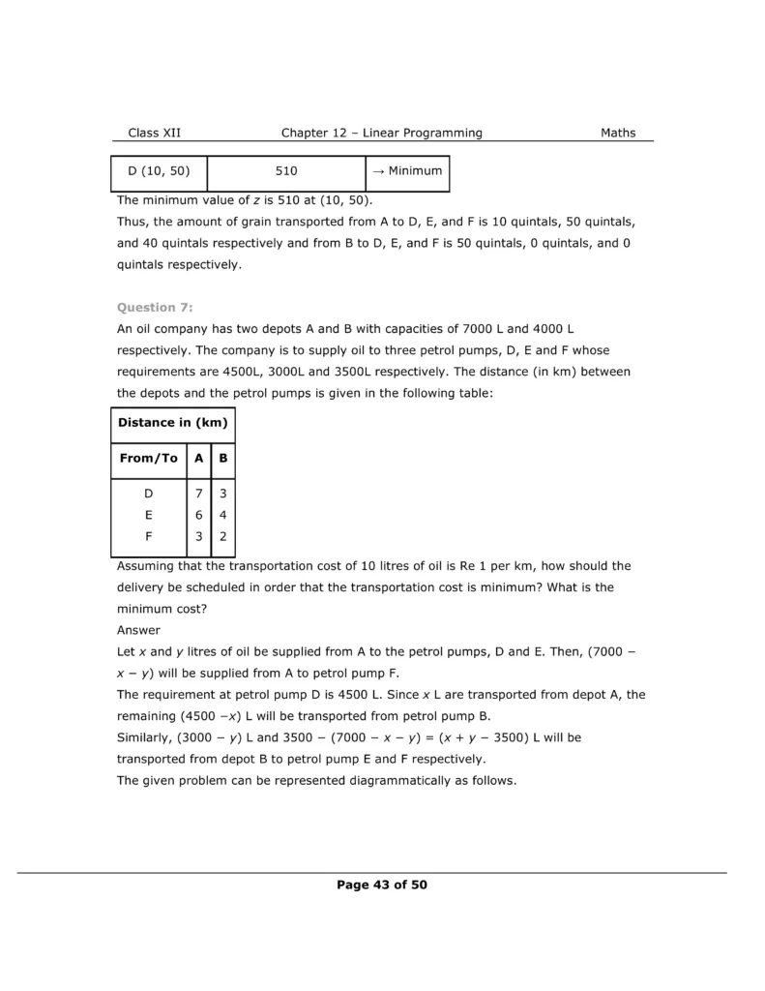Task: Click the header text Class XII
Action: [154, 133]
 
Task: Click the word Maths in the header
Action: [618, 133]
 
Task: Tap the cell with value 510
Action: [286, 171]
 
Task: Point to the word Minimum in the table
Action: [415, 171]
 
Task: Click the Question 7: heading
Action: [155, 307]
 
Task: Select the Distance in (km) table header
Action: [172, 423]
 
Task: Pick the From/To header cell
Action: [149, 459]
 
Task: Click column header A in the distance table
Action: [198, 459]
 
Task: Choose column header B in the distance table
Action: [222, 459]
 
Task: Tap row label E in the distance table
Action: [149, 516]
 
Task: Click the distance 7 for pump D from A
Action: [198, 495]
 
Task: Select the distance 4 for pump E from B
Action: [222, 516]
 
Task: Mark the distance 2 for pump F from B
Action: [222, 537]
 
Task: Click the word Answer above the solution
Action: [138, 630]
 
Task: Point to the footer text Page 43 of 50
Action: [382, 884]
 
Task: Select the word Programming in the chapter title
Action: [439, 133]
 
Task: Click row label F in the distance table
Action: [149, 537]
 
